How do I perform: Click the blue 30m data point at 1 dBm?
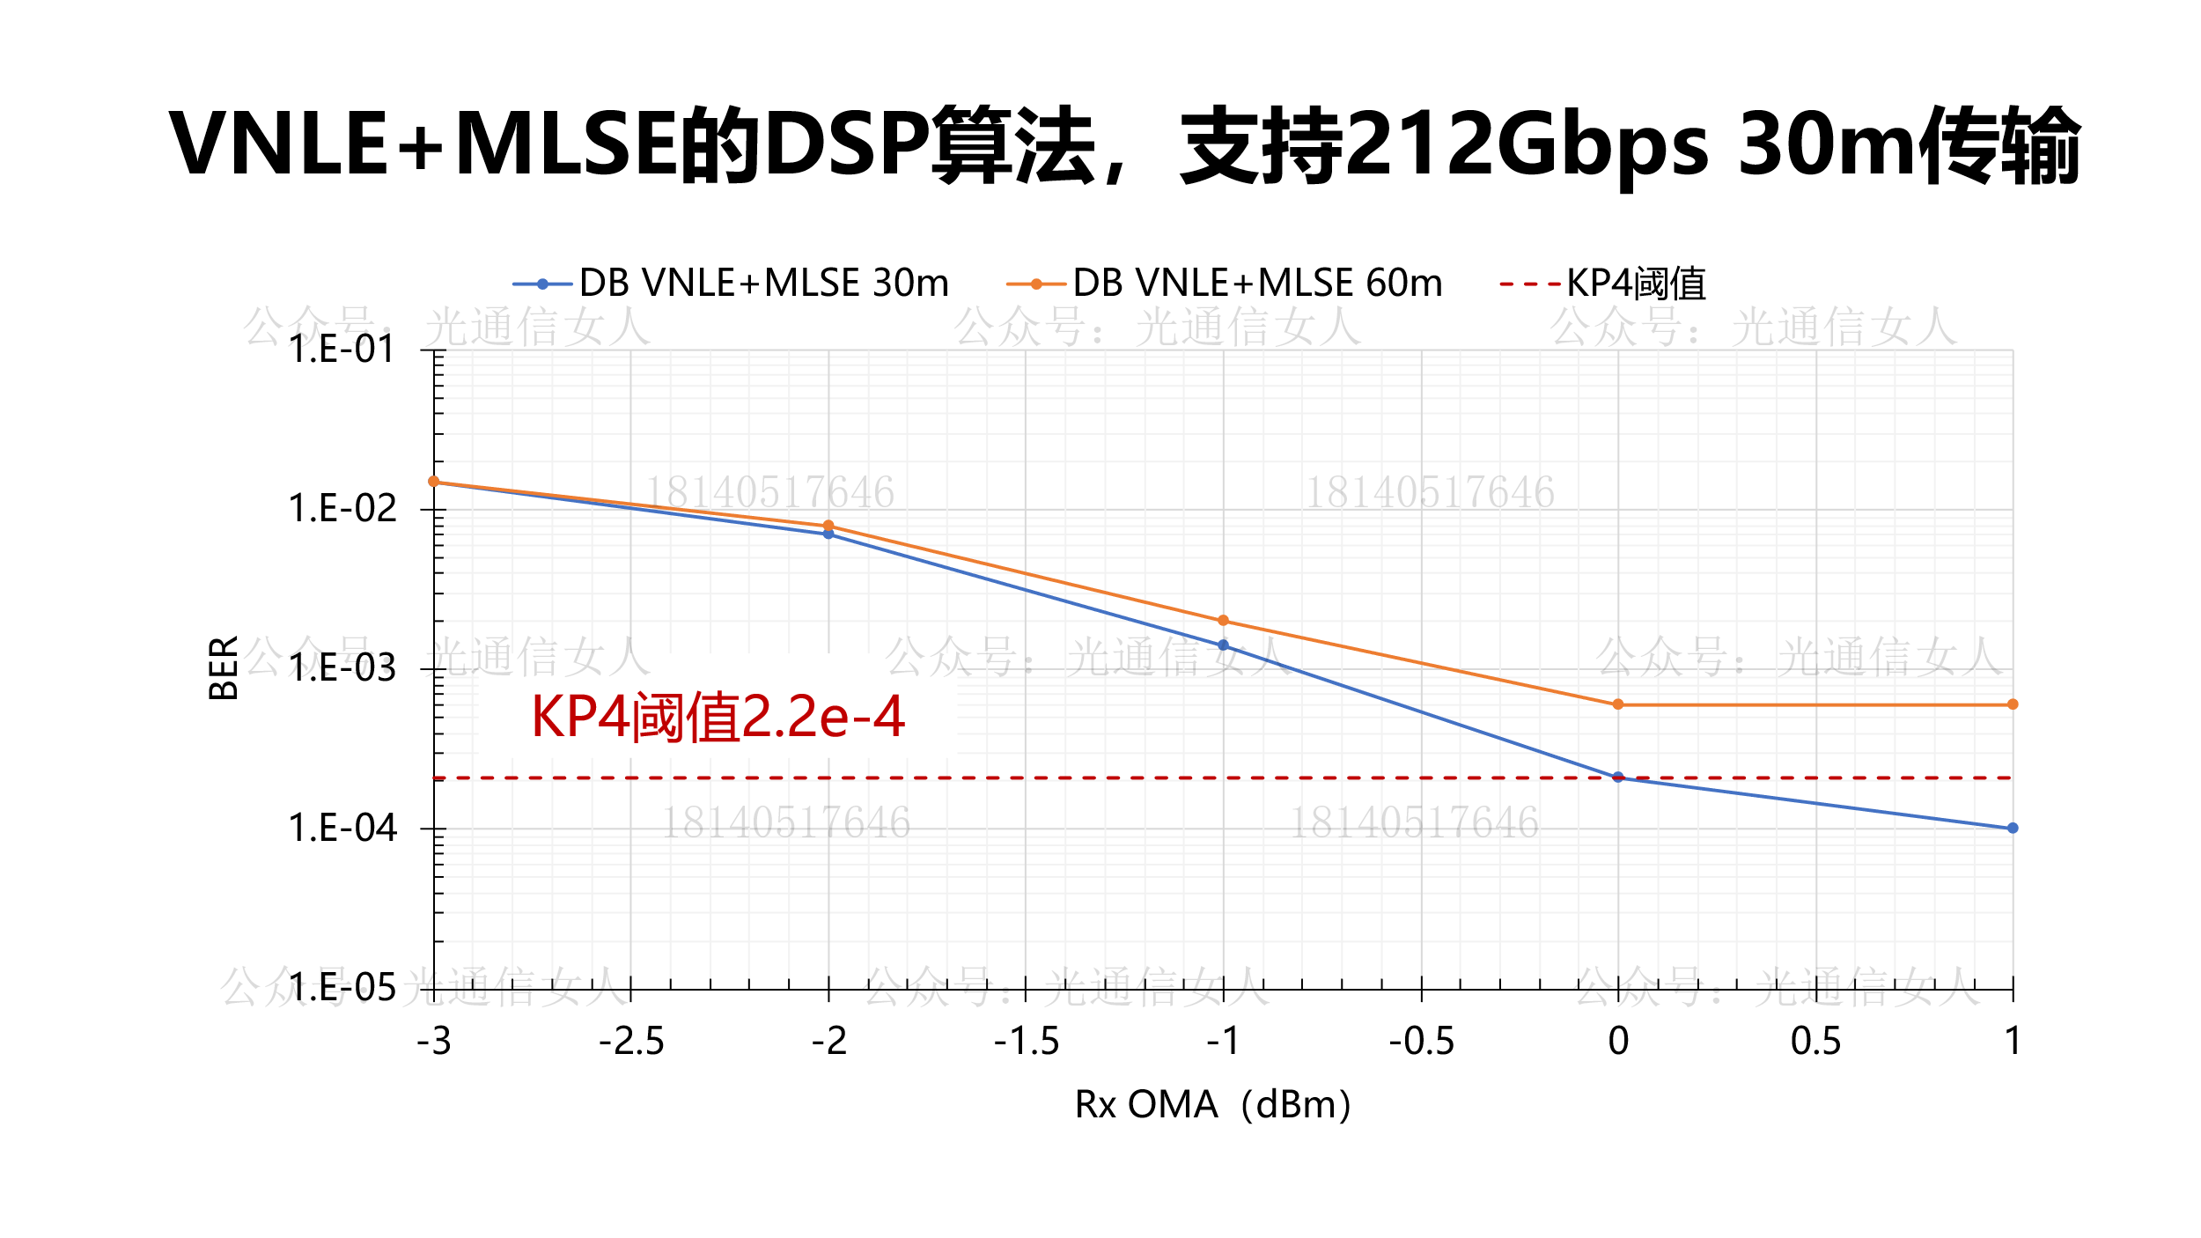click(2013, 829)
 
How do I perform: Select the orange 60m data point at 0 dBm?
click(1618, 704)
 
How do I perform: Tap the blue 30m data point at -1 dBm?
click(1223, 645)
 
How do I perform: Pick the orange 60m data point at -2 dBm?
click(828, 526)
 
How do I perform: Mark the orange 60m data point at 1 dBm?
click(2013, 704)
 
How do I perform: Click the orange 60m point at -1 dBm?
click(1223, 621)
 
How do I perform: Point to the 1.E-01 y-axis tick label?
click(342, 350)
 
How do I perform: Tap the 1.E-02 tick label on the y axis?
click(342, 509)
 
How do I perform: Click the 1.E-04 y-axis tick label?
click(342, 829)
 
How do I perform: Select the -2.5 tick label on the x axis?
click(631, 1042)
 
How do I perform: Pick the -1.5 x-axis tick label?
click(1027, 1042)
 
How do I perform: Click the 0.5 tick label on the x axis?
click(1815, 1042)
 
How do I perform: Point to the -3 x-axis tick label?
click(434, 1042)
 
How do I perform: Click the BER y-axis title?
click(224, 667)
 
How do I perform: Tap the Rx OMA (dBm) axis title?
click(1212, 1105)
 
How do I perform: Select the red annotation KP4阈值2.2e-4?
click(718, 717)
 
